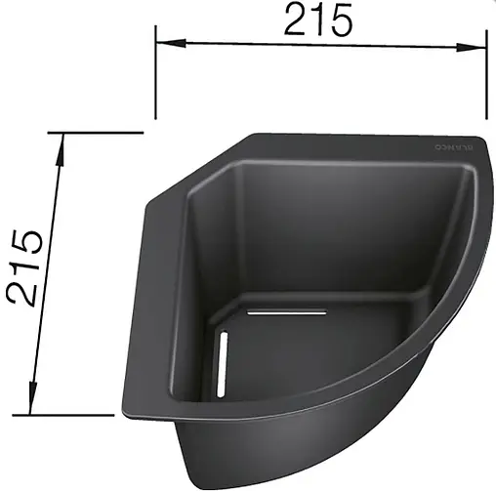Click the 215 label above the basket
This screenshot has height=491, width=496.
[317, 20]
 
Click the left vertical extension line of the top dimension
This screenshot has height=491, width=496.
[157, 78]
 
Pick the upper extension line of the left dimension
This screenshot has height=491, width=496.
[98, 133]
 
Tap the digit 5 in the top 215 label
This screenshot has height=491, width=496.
[340, 20]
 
